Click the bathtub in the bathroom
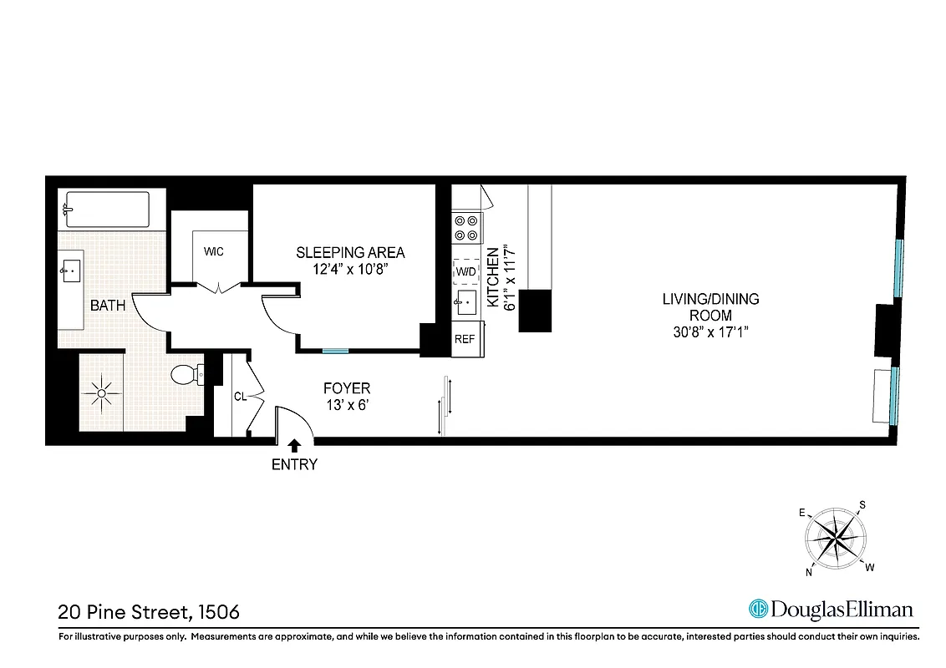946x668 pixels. (x=107, y=209)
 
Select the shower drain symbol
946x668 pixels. (x=101, y=392)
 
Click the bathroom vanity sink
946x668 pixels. (x=71, y=270)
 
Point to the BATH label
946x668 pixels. (x=108, y=306)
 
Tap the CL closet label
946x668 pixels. (x=239, y=397)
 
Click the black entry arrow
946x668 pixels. (x=294, y=448)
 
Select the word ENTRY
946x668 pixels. (x=294, y=465)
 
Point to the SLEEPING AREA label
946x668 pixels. (x=350, y=252)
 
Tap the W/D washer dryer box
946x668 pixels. (x=465, y=271)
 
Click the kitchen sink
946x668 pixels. (x=465, y=302)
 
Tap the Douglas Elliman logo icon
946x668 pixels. (x=759, y=609)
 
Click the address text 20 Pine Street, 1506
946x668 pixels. (x=149, y=612)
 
